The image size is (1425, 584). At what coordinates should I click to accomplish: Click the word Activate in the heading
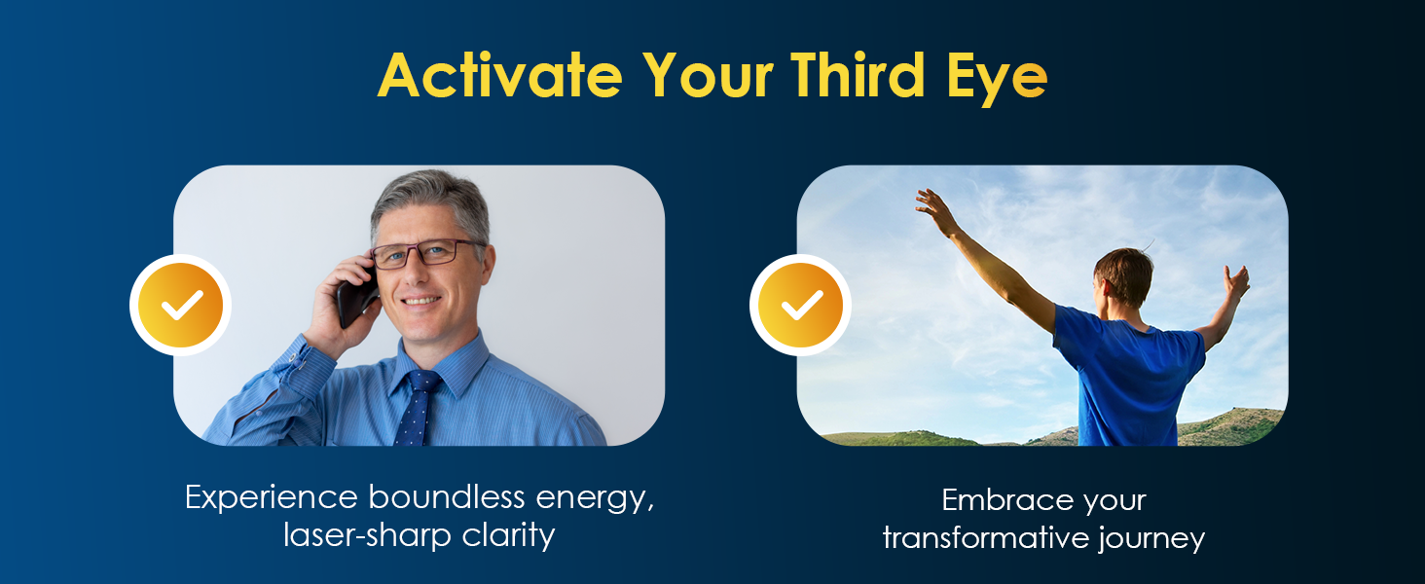point(500,76)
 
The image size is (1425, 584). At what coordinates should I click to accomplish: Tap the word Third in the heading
point(858,74)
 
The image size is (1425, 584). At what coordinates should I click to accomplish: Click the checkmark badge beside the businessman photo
point(181,306)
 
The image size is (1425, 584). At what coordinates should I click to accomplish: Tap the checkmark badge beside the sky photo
point(800,306)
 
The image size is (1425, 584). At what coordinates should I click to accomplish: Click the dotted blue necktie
point(418,407)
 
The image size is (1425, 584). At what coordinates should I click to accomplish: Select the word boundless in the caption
point(447,496)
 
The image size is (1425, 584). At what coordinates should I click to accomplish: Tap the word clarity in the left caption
point(509,535)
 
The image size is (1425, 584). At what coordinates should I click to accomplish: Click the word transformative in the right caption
point(985,538)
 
